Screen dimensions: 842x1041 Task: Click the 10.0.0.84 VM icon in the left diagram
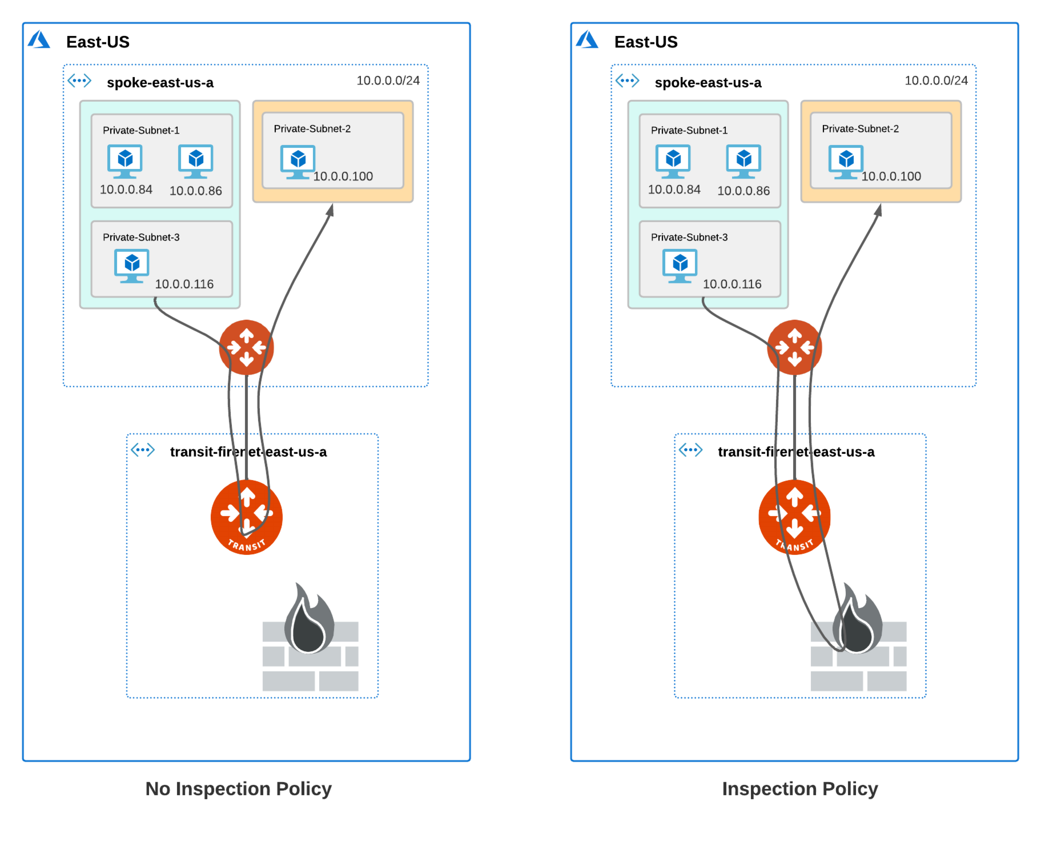125,160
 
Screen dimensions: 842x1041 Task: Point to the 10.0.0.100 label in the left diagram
343,176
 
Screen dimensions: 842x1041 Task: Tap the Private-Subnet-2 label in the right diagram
860,128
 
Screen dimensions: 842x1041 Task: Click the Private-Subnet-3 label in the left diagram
141,237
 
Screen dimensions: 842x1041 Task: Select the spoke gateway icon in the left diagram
246,347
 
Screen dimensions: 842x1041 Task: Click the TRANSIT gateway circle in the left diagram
246,517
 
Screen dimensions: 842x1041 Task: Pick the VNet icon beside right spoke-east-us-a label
627,80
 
